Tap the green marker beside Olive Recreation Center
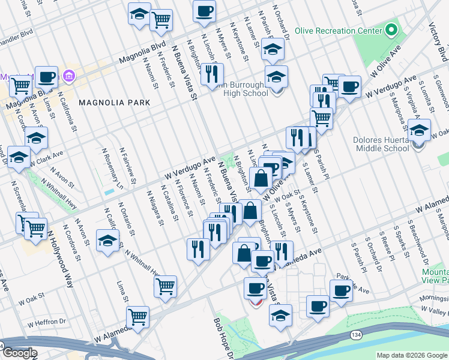click(x=391, y=29)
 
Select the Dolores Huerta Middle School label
click(x=383, y=143)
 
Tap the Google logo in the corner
click(x=19, y=353)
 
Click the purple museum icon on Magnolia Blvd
click(x=68, y=76)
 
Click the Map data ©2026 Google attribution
click(x=412, y=355)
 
